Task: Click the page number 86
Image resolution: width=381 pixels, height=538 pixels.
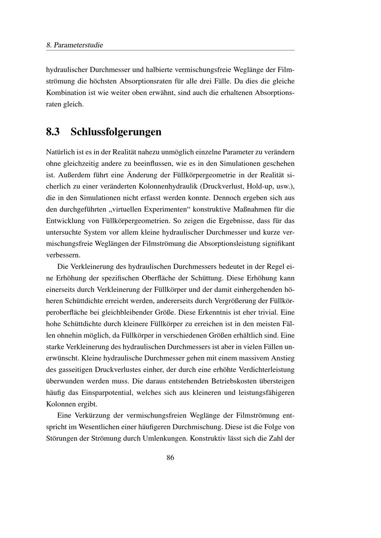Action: [170, 458]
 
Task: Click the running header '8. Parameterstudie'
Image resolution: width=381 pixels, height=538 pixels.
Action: [75, 45]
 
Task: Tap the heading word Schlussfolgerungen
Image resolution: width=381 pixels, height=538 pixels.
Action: [116, 132]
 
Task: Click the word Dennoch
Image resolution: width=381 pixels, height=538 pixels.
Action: [226, 198]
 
